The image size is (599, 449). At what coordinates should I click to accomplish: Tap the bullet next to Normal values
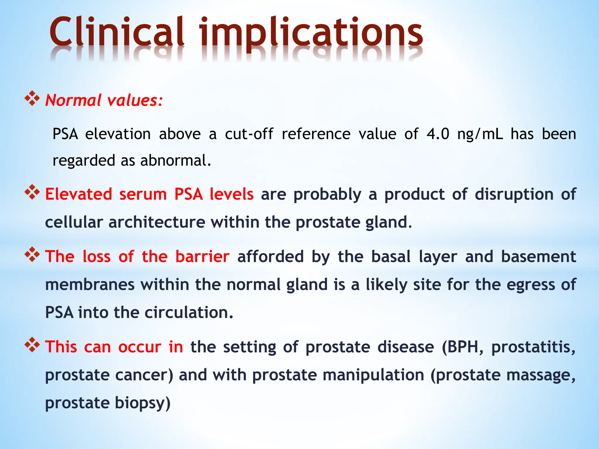tap(32, 99)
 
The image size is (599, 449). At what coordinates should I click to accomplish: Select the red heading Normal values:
tap(104, 100)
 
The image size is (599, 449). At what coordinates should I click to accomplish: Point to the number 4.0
tap(438, 134)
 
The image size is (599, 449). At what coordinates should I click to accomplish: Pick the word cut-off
tap(249, 134)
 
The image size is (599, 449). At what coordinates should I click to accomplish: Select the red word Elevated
tap(78, 194)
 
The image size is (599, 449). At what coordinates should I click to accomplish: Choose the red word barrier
tap(202, 257)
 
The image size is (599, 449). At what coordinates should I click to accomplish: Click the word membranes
tap(90, 284)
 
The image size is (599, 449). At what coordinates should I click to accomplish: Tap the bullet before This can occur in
tap(32, 345)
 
